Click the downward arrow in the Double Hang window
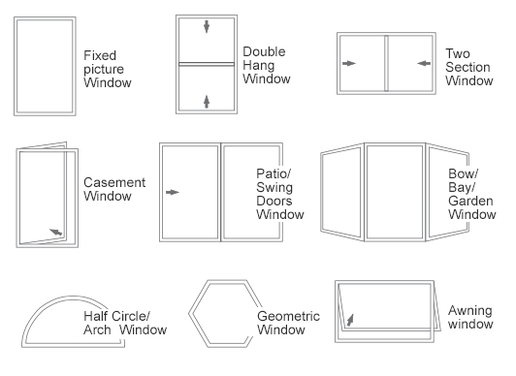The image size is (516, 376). pos(206,26)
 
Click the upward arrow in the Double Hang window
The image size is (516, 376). pos(206,101)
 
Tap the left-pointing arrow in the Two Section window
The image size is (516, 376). pos(423,64)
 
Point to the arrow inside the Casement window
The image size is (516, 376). pos(57,232)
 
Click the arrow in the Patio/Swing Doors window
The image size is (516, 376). pos(173,193)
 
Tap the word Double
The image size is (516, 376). pos(264,50)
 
